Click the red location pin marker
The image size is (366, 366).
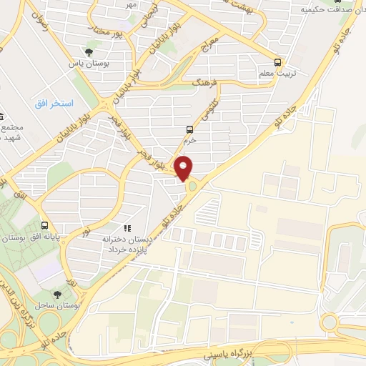coord(184,167)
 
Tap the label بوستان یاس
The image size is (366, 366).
coord(88,63)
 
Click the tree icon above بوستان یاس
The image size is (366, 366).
coord(88,51)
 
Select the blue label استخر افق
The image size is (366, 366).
coord(54,104)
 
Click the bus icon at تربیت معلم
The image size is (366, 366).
coord(278,61)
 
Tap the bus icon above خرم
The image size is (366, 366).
coord(189,129)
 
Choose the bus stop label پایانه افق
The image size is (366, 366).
coord(42,235)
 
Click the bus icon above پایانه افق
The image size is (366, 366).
coord(46,224)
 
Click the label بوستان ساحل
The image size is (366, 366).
coord(57,305)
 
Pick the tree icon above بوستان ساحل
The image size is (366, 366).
coord(57,294)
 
